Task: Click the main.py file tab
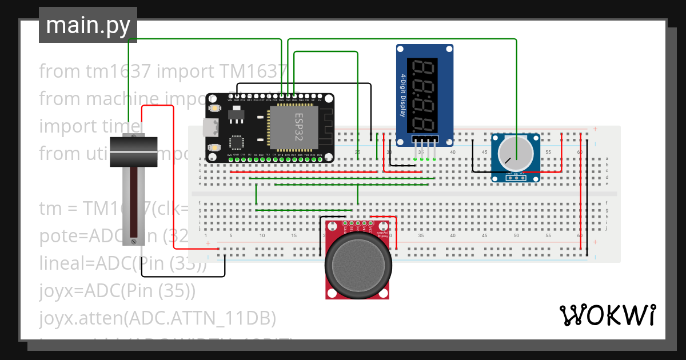click(87, 26)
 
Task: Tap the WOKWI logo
click(607, 315)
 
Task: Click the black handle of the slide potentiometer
click(133, 151)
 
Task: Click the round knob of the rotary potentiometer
click(516, 153)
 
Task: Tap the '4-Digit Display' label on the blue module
click(403, 95)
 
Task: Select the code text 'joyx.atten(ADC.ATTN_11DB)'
click(158, 317)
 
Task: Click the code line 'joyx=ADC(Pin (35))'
click(118, 291)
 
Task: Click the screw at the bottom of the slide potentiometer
click(134, 241)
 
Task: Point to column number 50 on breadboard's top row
click(516, 152)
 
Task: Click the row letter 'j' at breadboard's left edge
click(200, 229)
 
